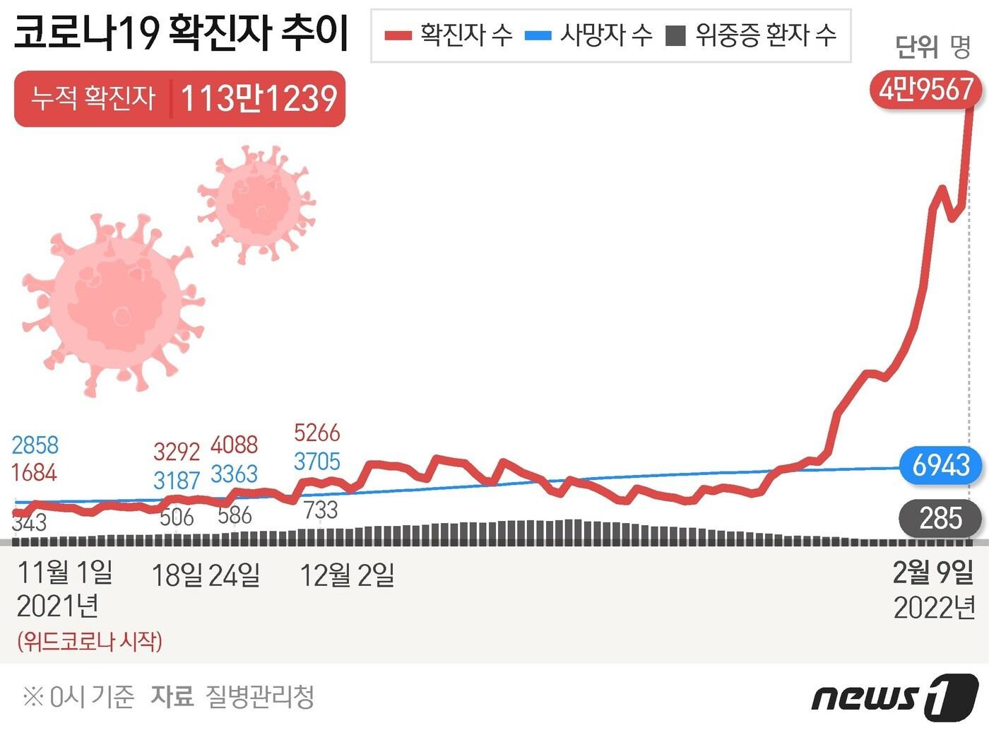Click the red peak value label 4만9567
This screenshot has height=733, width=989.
[925, 90]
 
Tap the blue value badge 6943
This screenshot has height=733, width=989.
[940, 465]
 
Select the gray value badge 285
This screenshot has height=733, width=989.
[940, 519]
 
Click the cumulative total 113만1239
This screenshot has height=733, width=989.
[259, 99]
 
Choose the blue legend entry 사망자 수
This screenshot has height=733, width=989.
[589, 35]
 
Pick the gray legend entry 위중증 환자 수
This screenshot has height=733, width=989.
[752, 35]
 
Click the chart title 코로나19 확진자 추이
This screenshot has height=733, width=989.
[181, 33]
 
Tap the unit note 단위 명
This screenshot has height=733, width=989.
[932, 47]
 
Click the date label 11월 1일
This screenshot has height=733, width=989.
[64, 572]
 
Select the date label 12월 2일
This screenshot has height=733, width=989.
[347, 575]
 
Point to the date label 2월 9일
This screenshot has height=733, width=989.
[933, 573]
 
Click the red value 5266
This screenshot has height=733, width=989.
[316, 433]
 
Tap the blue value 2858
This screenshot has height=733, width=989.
[35, 445]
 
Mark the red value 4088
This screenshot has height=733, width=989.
[234, 445]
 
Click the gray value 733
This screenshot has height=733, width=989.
[321, 510]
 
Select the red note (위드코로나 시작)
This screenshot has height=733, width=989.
[90, 641]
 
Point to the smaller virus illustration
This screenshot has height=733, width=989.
[257, 203]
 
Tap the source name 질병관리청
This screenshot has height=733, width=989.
[259, 697]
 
